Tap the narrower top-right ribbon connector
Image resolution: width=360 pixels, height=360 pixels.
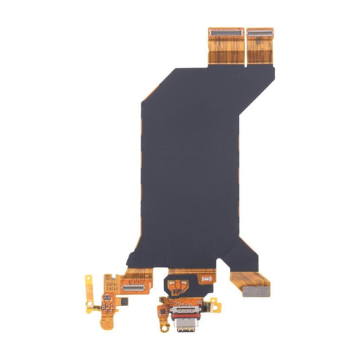pos(259,32)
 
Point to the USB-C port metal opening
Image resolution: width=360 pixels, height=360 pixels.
pos(184,328)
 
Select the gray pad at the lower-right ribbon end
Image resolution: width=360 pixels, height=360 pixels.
pos(255,291)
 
